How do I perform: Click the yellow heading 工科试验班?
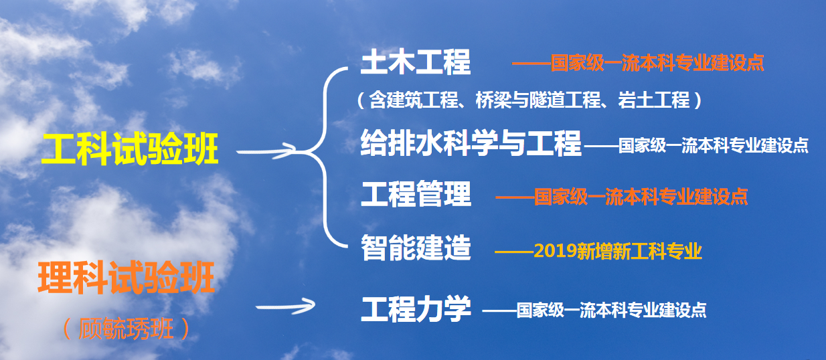(129, 149)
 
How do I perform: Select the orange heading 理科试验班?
(126, 277)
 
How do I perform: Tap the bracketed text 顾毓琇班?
(126, 329)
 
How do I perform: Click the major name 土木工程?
(416, 62)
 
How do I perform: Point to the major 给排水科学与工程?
(471, 143)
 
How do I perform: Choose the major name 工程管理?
(416, 194)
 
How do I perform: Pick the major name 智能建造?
(416, 248)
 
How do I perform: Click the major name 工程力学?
(416, 309)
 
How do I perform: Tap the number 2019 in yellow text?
(555, 251)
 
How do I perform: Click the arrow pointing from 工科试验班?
(266, 151)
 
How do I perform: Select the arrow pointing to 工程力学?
(285, 306)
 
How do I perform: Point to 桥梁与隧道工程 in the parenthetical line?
(538, 100)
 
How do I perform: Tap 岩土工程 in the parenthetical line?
(654, 100)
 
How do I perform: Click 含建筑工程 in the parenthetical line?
(414, 100)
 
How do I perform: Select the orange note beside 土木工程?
(639, 63)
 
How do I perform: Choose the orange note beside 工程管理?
(622, 197)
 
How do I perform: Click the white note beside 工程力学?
(594, 310)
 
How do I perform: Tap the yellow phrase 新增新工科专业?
(639, 251)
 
